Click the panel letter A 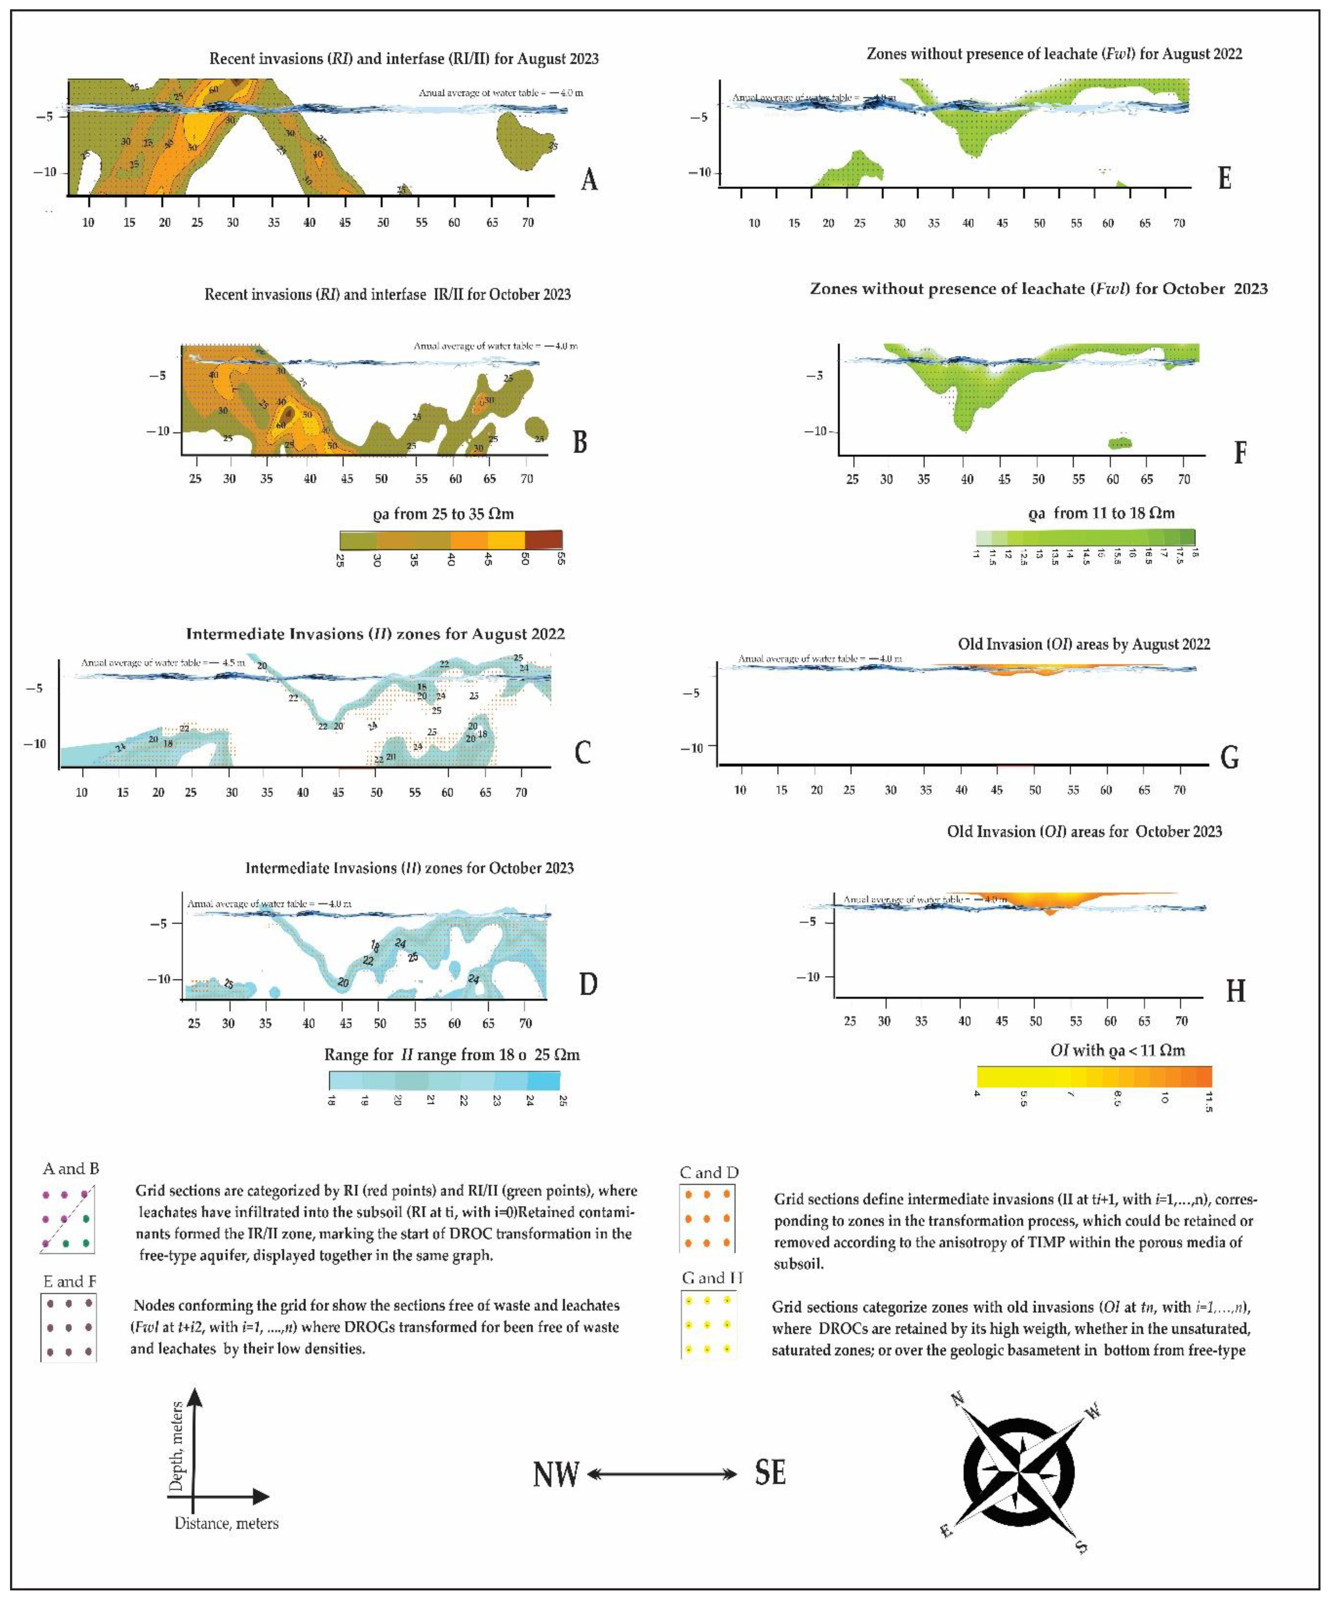click(x=589, y=180)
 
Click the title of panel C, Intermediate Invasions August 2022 click(x=375, y=634)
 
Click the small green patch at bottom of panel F click(x=1119, y=443)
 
